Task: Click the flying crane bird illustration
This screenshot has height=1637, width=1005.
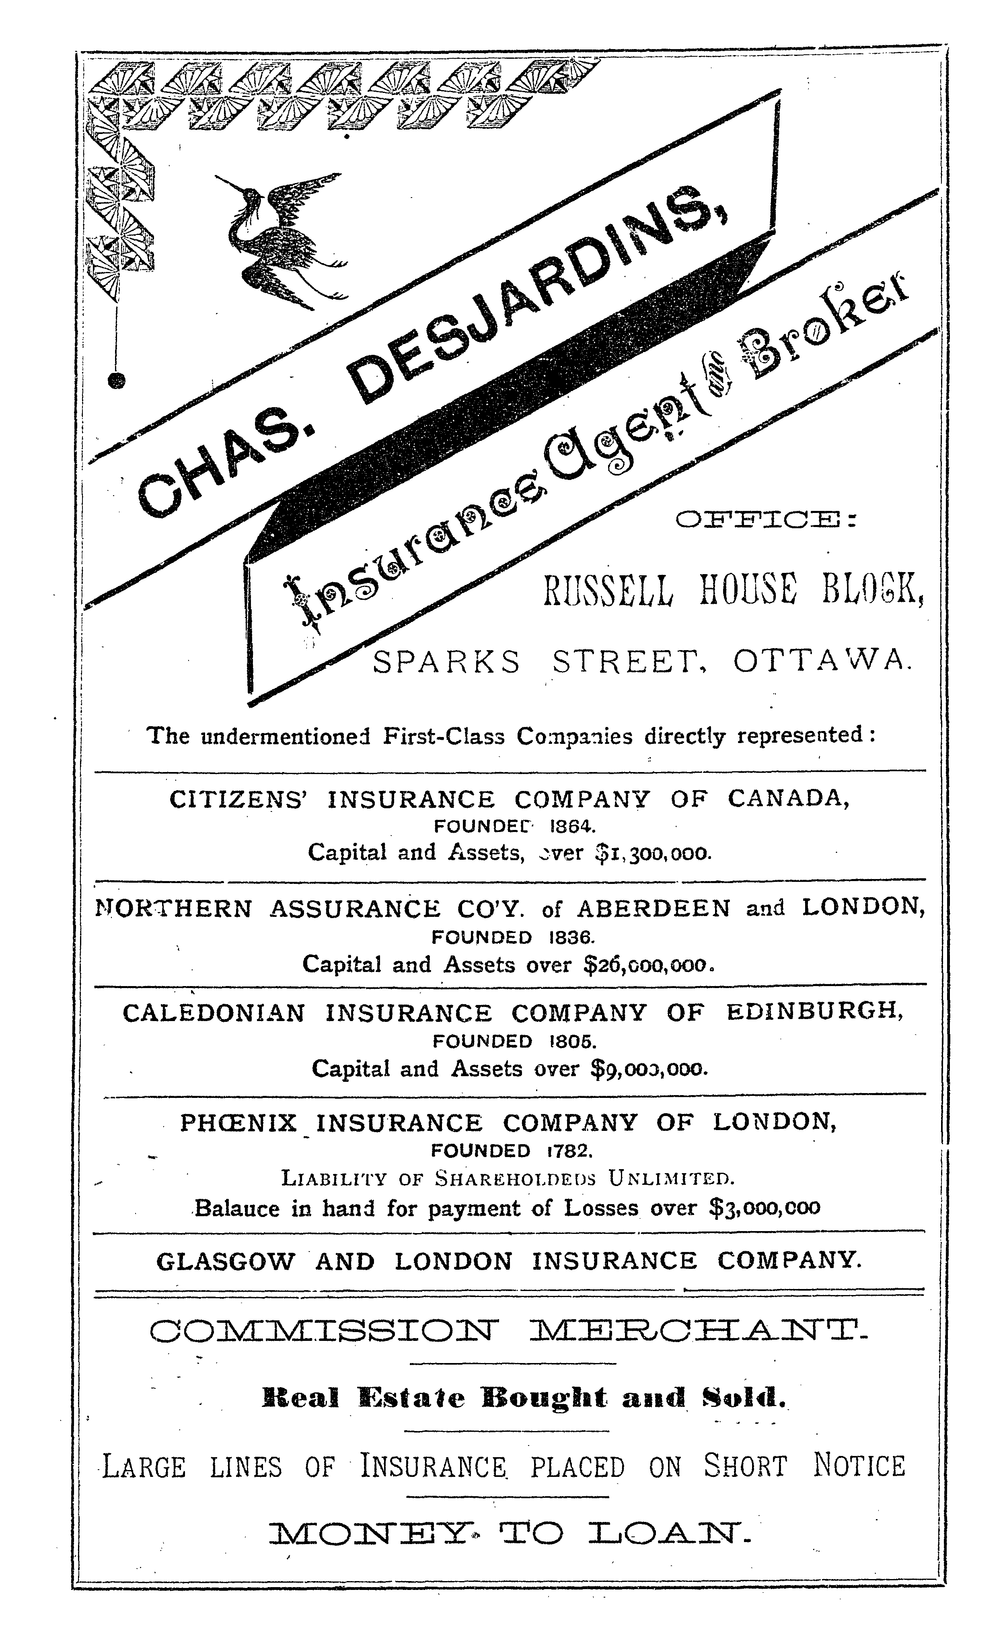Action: coord(282,239)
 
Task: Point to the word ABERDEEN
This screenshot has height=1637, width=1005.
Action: coord(654,908)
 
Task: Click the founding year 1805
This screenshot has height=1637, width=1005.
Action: coord(569,1041)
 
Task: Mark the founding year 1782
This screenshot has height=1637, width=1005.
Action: coord(569,1150)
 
